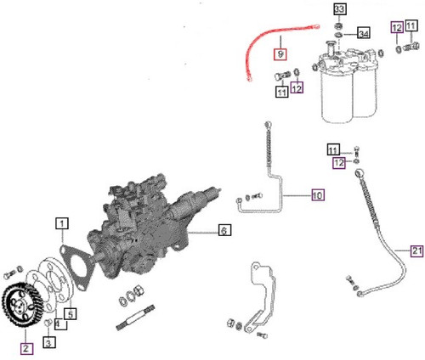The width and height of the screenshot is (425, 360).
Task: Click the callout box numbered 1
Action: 62,224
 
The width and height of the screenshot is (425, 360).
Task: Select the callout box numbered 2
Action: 25,347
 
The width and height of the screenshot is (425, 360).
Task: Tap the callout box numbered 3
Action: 49,343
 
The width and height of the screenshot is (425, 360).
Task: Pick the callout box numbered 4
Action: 57,323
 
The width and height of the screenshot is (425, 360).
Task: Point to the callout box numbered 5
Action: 72,313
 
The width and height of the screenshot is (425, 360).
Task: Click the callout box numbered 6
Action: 224,230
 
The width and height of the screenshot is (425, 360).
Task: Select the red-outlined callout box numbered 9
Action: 280,54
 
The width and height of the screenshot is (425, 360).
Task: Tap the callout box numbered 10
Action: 316,195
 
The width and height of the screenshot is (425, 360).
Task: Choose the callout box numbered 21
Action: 416,250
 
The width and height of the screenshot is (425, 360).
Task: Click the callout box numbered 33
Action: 339,9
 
